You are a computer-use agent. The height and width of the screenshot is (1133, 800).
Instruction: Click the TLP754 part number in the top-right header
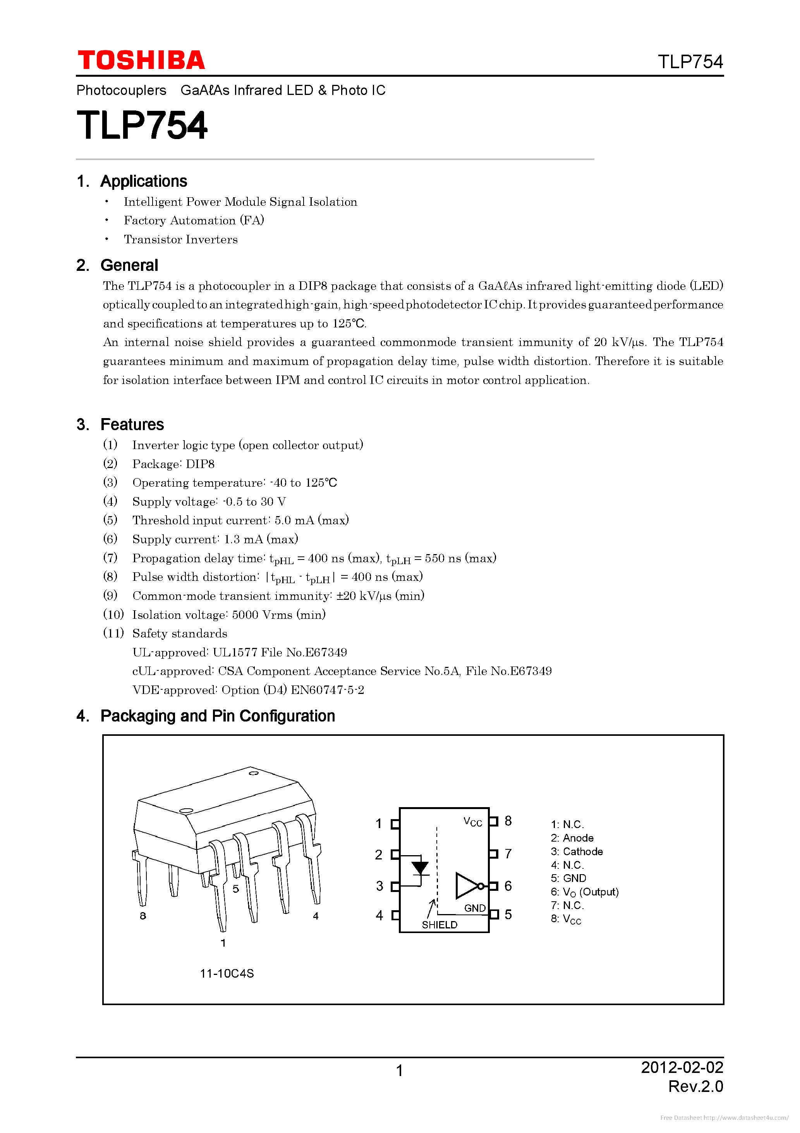690,62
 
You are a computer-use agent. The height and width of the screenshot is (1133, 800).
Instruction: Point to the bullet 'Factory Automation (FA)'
194,220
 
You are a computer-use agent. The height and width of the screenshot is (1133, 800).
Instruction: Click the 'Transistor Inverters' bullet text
180,239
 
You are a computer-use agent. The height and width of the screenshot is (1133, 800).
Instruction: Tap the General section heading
129,265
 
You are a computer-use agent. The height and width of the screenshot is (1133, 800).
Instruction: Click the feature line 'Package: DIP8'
173,464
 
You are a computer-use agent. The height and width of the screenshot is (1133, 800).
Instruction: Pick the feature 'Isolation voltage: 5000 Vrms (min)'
229,615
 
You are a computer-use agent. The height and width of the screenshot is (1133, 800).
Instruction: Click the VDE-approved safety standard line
248,690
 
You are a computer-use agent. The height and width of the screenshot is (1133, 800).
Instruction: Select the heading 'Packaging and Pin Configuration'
218,716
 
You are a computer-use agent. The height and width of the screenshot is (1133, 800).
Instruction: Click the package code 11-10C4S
227,973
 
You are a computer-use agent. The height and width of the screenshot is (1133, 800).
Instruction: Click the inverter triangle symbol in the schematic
467,886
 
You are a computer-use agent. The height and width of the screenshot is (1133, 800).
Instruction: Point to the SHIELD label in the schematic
439,925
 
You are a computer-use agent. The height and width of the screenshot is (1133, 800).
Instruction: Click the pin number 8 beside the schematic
508,821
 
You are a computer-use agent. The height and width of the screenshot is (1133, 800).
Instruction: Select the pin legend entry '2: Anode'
572,838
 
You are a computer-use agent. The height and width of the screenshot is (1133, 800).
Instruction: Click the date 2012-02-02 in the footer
682,1068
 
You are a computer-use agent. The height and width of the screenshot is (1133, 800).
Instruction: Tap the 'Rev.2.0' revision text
695,1086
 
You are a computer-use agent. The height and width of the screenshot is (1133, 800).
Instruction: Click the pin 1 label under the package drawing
223,943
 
